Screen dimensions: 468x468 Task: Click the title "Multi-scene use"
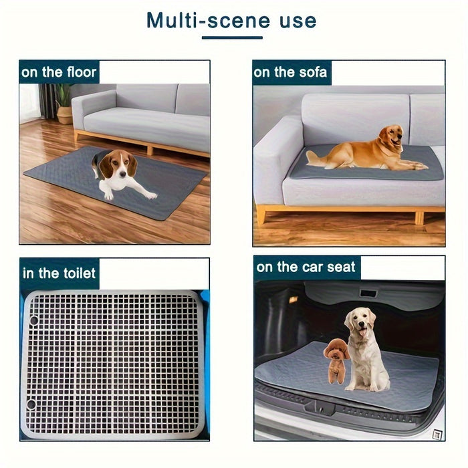pos(232,21)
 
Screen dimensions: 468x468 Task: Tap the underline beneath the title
pos(232,37)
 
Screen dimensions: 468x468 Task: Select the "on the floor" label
pos(59,72)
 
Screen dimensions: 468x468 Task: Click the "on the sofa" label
pos(290,72)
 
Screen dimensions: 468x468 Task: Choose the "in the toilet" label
pos(59,273)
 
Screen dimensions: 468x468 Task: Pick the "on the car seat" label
pos(306,268)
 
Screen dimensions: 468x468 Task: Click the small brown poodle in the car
pos(336,361)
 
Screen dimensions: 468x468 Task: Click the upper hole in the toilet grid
pos(34,320)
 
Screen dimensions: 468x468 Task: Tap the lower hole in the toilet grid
pos(31,405)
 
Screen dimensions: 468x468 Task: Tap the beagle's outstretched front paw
pos(151,195)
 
